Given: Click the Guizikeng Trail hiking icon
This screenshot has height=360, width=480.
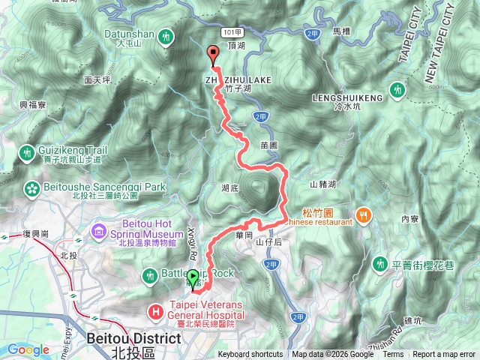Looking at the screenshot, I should pyautogui.click(x=28, y=152).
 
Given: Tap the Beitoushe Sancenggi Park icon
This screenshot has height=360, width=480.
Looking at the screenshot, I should pyautogui.click(x=33, y=187).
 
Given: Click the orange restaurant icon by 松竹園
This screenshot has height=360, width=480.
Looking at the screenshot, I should pyautogui.click(x=364, y=214).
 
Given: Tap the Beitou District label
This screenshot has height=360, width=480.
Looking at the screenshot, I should pyautogui.click(x=134, y=339).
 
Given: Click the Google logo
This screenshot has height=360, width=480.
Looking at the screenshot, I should pyautogui.click(x=28, y=349).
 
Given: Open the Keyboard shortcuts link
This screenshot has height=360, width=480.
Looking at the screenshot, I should pyautogui.click(x=250, y=355).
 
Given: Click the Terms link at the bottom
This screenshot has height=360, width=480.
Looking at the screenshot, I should pyautogui.click(x=393, y=355).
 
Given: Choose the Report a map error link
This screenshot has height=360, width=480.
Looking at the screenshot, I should pyautogui.click(x=444, y=355).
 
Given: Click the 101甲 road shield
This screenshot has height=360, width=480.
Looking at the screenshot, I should pyautogui.click(x=231, y=32).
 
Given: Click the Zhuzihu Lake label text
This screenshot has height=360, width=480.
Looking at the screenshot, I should pyautogui.click(x=235, y=78).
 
